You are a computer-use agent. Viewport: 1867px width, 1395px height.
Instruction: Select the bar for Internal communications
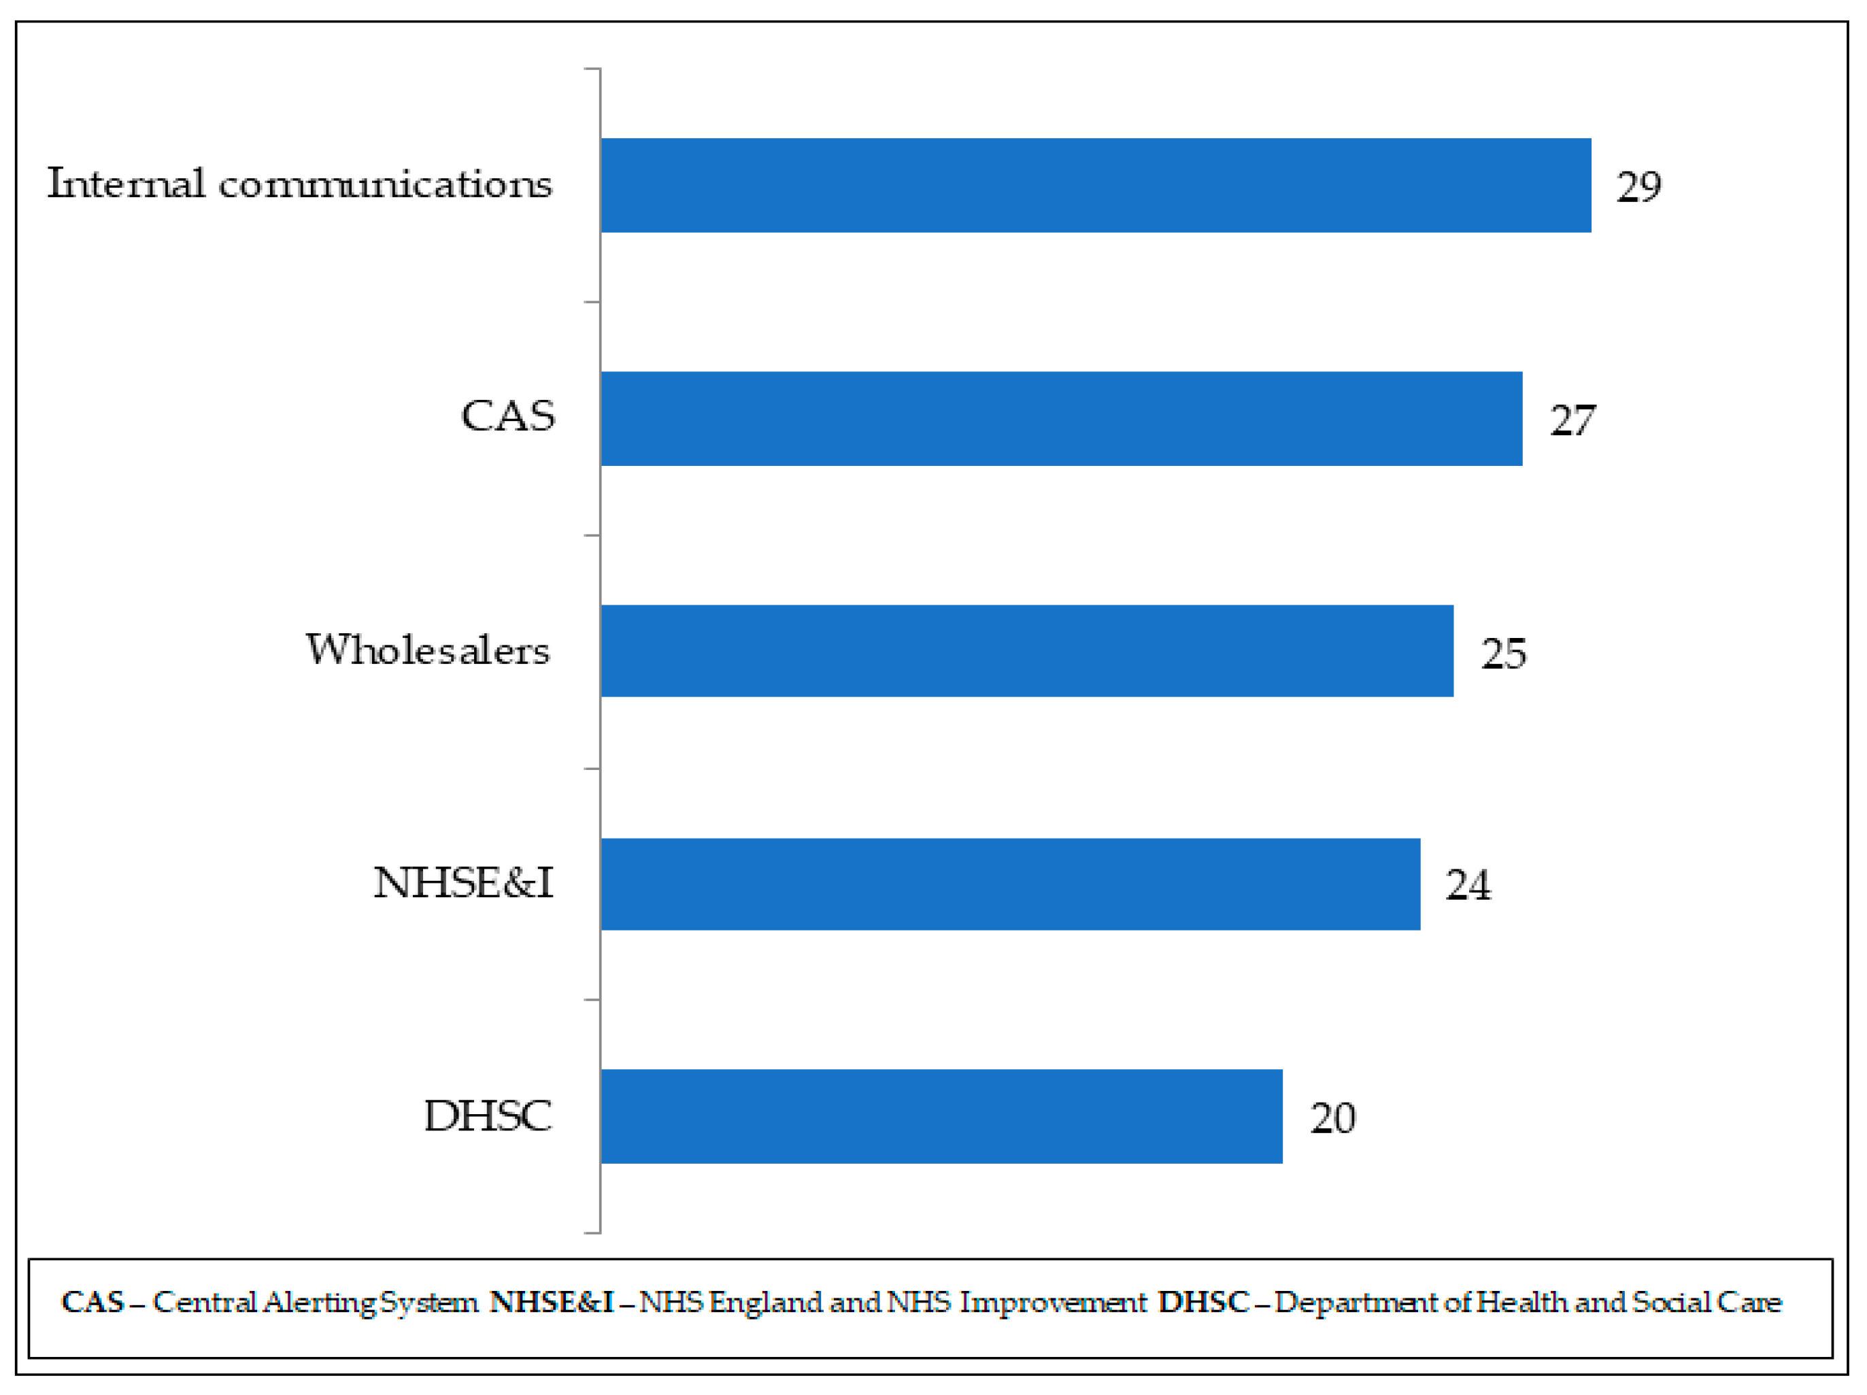(1096, 186)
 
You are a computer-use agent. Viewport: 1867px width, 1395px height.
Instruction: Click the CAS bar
(1061, 418)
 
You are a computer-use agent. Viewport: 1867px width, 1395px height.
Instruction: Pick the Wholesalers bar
(1026, 651)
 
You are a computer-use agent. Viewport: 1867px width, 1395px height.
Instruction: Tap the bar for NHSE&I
(1010, 884)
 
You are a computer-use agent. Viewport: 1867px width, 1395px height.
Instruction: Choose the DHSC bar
(941, 1117)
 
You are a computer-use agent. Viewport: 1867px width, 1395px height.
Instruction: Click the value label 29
(1638, 186)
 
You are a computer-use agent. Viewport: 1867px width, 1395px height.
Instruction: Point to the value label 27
(1572, 420)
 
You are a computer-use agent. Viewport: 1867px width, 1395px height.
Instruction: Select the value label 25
(1503, 653)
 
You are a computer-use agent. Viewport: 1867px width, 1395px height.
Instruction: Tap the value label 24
(1468, 886)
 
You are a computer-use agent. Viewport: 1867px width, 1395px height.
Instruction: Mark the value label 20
(1332, 1118)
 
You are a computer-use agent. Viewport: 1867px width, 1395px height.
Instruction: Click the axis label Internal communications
(300, 184)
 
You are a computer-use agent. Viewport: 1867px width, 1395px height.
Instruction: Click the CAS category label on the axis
(507, 416)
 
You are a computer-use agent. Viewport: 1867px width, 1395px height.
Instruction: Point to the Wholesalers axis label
(427, 650)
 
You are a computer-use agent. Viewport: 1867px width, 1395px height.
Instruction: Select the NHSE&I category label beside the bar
(462, 883)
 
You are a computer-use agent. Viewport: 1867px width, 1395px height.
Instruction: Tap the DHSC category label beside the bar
(487, 1115)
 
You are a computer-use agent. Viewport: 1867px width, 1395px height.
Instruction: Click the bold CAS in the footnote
(93, 1302)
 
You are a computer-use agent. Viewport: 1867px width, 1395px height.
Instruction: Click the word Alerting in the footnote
(319, 1303)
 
